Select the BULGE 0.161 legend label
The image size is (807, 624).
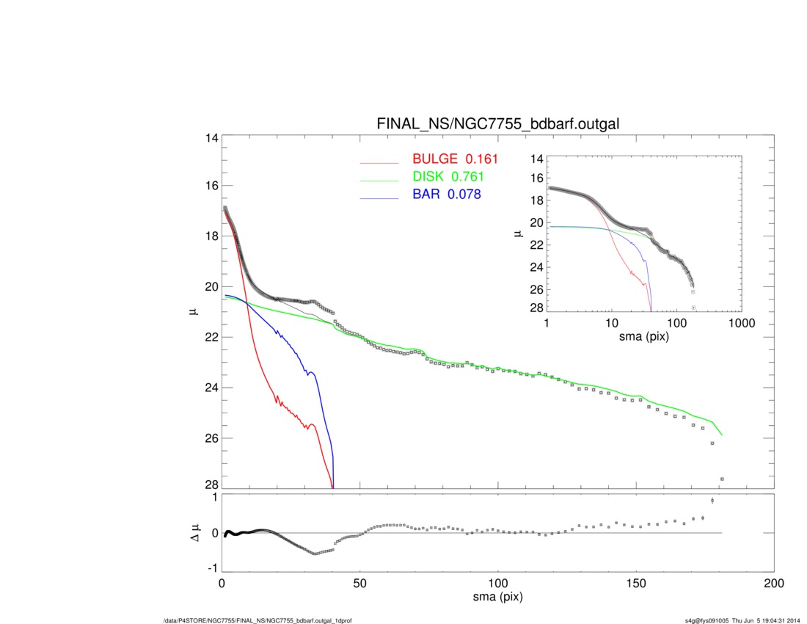tap(455, 159)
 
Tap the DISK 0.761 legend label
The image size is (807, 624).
tap(448, 177)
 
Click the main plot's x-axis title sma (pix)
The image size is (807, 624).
tap(498, 598)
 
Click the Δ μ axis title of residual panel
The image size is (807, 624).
tap(193, 534)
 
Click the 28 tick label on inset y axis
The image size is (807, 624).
tap(536, 308)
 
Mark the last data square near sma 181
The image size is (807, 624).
tap(722, 479)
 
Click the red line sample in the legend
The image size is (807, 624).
tap(380, 162)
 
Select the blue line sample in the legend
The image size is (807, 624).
tap(380, 198)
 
